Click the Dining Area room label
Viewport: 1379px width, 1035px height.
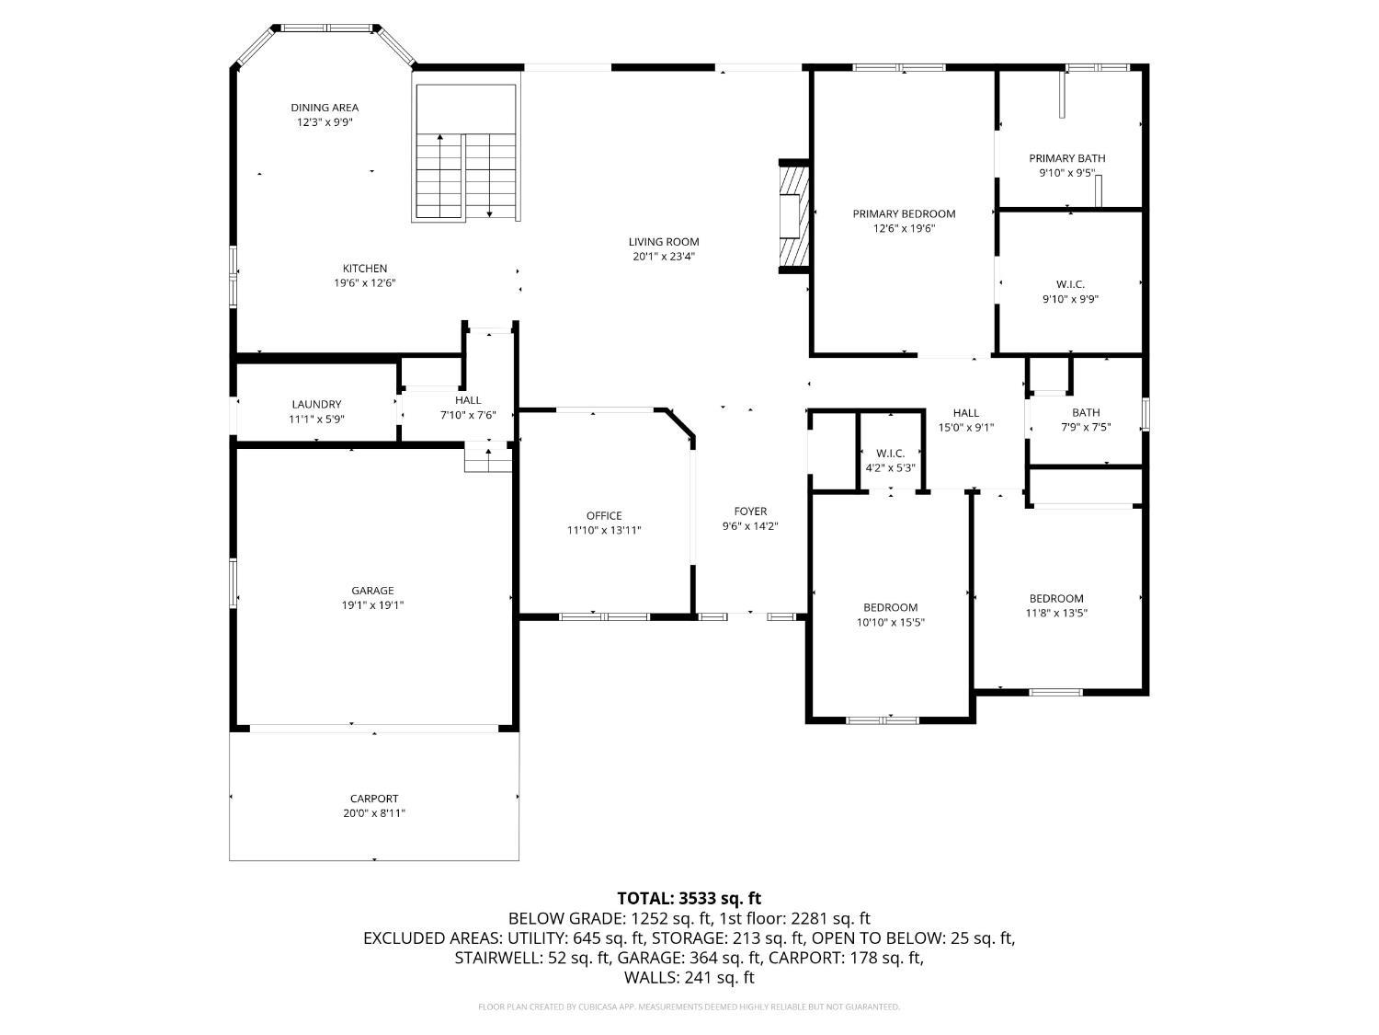click(325, 108)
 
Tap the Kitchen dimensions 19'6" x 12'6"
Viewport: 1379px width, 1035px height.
click(364, 283)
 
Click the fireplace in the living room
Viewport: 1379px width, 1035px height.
click(792, 217)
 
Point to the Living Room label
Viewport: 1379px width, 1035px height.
click(664, 242)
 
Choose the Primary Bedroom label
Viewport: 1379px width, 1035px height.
click(904, 213)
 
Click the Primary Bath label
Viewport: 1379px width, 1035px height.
click(1066, 158)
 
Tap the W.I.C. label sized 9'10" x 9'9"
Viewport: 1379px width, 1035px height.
click(1070, 284)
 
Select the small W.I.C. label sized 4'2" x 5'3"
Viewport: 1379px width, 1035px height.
click(890, 453)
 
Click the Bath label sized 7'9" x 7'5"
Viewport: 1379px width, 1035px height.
click(1085, 412)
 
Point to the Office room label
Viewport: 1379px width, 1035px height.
click(604, 515)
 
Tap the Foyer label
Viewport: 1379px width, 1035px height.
click(750, 512)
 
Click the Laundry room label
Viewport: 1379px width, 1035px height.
click(316, 404)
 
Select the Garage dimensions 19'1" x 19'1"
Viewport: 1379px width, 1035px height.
click(372, 605)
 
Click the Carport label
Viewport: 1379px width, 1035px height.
click(374, 799)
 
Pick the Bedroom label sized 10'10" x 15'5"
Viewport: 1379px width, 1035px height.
click(890, 607)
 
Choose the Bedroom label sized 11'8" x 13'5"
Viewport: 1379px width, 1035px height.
click(1056, 598)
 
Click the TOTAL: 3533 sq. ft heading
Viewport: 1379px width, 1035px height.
click(689, 898)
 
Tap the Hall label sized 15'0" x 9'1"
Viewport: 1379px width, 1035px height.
click(965, 413)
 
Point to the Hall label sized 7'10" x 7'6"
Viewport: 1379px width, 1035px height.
click(468, 400)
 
